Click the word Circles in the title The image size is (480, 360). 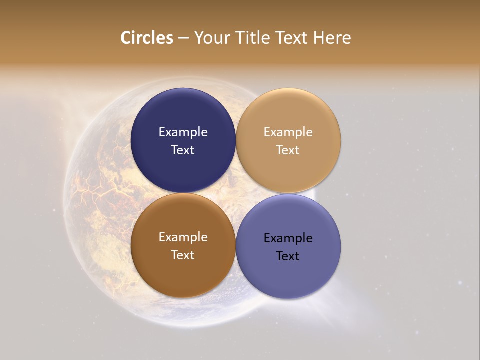pyautogui.click(x=146, y=38)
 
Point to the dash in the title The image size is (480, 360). pyautogui.click(x=183, y=38)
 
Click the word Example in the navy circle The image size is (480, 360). pyautogui.click(x=183, y=132)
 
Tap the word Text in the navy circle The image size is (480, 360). pyautogui.click(x=183, y=150)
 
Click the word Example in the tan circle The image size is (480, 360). pyautogui.click(x=288, y=132)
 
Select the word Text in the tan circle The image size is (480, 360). pyautogui.click(x=288, y=150)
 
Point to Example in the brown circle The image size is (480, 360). pyautogui.click(x=183, y=237)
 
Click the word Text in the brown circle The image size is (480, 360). pyautogui.click(x=183, y=255)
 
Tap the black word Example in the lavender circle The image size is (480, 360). pyautogui.click(x=288, y=238)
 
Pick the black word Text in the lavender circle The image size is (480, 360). pyautogui.click(x=288, y=256)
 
